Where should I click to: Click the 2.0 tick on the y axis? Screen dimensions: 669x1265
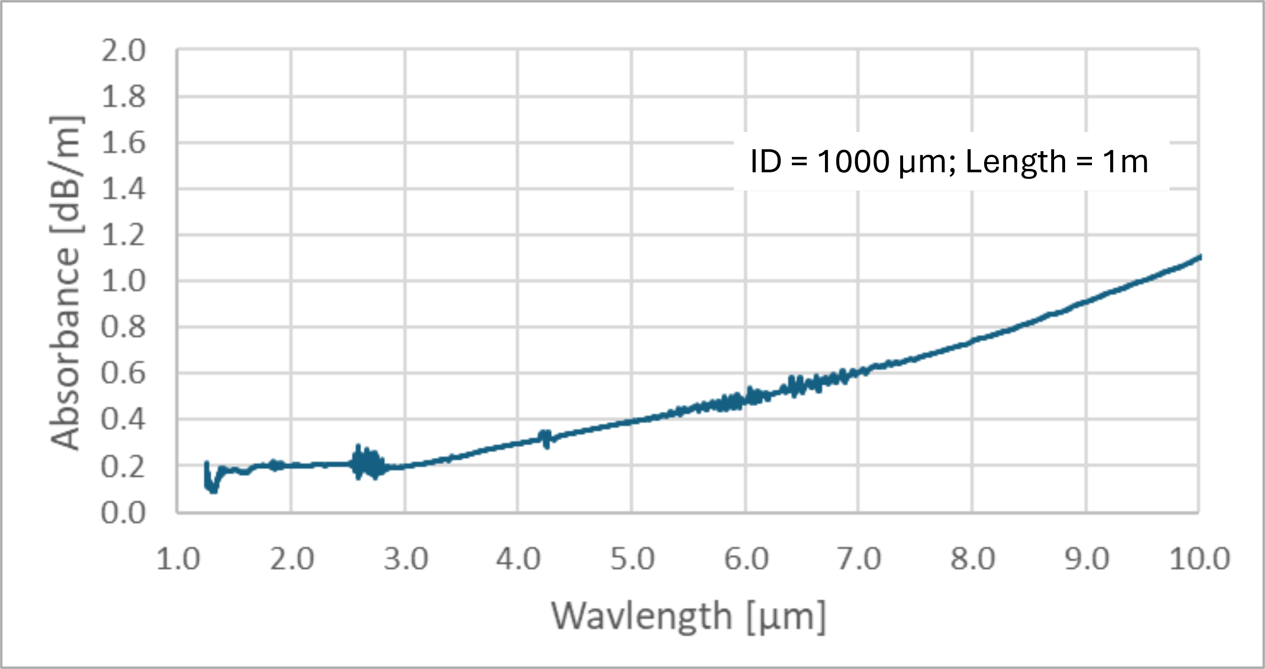pyautogui.click(x=123, y=50)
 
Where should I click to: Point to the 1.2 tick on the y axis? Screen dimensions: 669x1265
pyautogui.click(x=123, y=236)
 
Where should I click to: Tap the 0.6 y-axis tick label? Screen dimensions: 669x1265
pyautogui.click(x=123, y=374)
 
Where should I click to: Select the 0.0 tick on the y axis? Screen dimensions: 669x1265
pyautogui.click(x=123, y=514)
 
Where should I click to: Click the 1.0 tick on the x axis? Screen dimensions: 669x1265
pyautogui.click(x=178, y=560)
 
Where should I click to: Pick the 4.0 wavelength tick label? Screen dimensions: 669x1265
pyautogui.click(x=518, y=560)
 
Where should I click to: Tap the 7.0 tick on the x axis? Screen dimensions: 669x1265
pyautogui.click(x=859, y=560)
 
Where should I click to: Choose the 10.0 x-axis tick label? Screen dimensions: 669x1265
pyautogui.click(x=1199, y=560)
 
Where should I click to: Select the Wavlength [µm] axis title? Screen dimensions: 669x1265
pyautogui.click(x=688, y=616)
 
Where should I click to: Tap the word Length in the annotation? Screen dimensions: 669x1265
pyautogui.click(x=1016, y=162)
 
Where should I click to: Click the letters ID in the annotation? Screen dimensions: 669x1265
pyautogui.click(x=766, y=161)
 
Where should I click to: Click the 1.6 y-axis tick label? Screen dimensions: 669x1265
pyautogui.click(x=123, y=143)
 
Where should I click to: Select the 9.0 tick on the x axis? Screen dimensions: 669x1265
pyautogui.click(x=1086, y=560)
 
